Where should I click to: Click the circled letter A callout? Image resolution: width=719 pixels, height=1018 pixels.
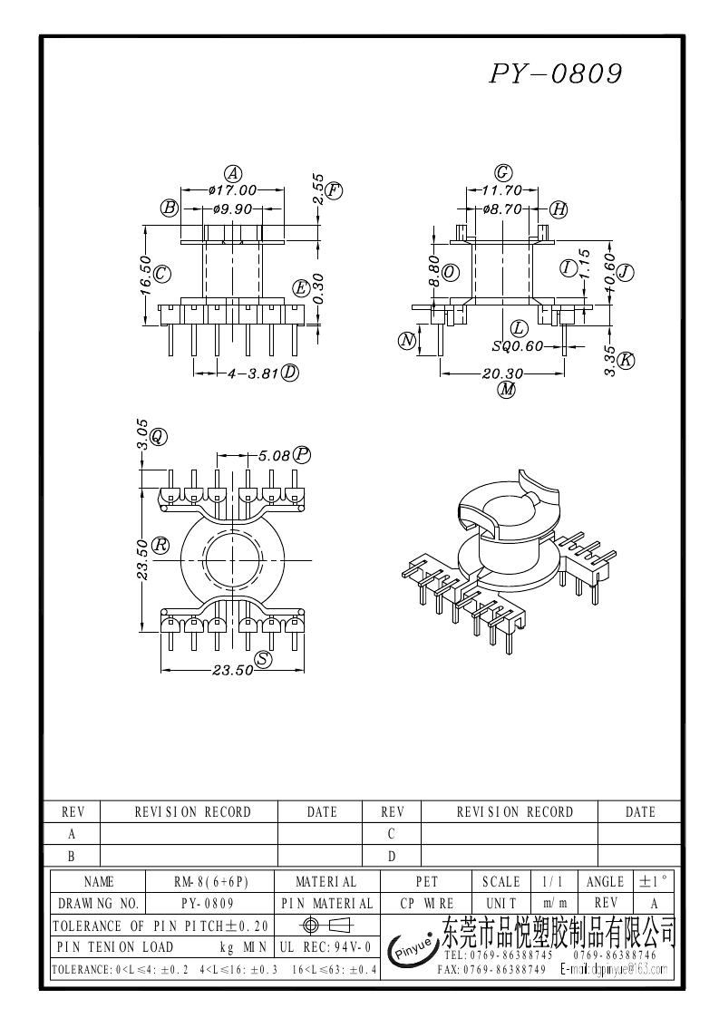point(233,174)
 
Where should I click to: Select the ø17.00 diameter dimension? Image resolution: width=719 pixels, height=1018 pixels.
point(233,190)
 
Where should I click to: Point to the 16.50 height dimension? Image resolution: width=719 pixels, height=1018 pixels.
point(145,272)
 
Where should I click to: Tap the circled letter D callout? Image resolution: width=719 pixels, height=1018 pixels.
point(290,373)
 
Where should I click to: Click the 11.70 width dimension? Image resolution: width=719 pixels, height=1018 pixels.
point(501,190)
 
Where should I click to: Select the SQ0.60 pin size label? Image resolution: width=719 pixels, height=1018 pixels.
point(518,345)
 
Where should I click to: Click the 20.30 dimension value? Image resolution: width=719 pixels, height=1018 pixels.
point(502,373)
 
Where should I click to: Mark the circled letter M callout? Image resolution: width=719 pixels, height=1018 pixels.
point(507,390)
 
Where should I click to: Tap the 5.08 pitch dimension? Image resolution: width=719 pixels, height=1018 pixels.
point(274,455)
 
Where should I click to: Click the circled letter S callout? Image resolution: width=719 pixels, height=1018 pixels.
point(263,659)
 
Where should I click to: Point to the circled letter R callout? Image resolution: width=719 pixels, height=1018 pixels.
point(160,545)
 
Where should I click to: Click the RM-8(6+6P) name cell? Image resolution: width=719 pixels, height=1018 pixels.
point(210,881)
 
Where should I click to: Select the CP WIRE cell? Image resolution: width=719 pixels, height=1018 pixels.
point(426,904)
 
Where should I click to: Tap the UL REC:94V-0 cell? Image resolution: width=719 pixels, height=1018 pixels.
point(325,947)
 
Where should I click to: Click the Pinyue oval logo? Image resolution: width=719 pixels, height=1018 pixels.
point(412,950)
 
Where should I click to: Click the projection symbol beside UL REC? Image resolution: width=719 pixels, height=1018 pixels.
point(325,926)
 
